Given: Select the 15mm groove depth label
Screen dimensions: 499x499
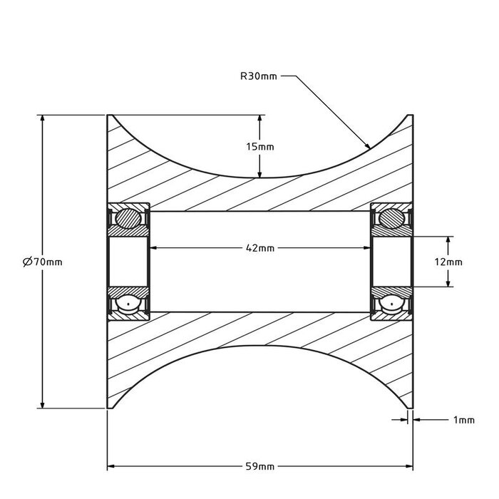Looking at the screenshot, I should [x=259, y=146].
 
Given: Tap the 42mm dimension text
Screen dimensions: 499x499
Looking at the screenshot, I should [x=259, y=248].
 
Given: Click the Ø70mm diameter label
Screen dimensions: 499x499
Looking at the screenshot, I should [x=43, y=262].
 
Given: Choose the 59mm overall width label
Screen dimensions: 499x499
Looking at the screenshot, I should [x=259, y=467].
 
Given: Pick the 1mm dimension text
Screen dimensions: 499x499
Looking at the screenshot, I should [x=463, y=420].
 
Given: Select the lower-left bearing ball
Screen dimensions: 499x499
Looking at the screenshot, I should [x=128, y=304].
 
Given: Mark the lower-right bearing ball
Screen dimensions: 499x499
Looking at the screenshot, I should [x=391, y=304].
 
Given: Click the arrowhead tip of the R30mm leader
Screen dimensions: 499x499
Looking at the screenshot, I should [x=370, y=148].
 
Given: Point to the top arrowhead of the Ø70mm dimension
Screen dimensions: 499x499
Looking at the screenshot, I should [x=43, y=116].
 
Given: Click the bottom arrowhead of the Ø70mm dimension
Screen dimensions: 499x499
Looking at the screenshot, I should [x=43, y=407].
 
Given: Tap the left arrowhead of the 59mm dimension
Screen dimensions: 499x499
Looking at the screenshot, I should [x=109, y=467].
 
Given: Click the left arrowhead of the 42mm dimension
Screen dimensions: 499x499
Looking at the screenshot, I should [x=150, y=248].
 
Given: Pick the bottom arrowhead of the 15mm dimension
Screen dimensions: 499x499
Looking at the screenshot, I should [x=259, y=175].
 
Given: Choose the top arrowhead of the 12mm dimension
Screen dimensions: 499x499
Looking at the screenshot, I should [x=448, y=237].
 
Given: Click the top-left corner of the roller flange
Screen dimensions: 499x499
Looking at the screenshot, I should [x=108, y=115].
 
